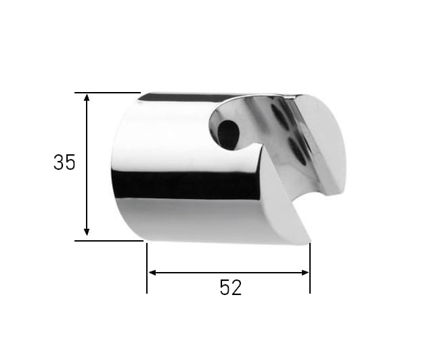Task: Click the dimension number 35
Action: pos(64,162)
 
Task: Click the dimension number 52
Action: pos(231,288)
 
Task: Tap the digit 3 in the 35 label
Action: pos(59,162)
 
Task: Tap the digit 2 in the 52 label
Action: pos(236,288)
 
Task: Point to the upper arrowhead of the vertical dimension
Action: pos(87,97)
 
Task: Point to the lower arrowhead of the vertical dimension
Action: pos(87,232)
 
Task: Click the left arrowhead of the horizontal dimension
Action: pos(152,273)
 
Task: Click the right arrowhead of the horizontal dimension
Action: pos(305,273)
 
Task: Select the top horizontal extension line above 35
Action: pos(108,93)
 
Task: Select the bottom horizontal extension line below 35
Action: pos(109,241)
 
